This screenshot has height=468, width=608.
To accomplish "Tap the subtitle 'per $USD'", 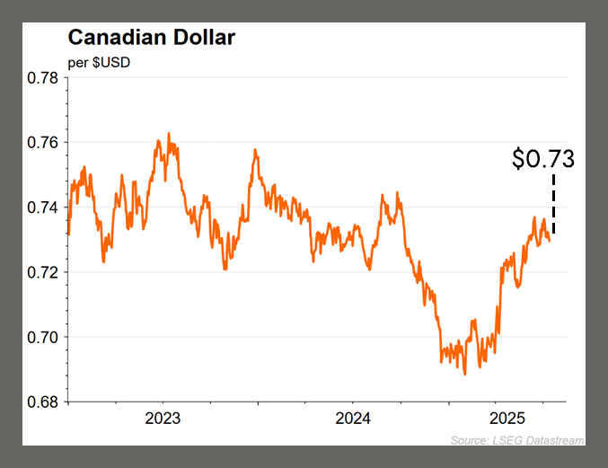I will tap(99, 63).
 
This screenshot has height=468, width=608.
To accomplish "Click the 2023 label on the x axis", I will tap(163, 419).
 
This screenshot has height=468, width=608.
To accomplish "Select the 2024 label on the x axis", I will tap(352, 419).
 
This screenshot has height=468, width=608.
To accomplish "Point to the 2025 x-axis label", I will tap(507, 419).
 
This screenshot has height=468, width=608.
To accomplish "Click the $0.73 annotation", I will tap(542, 159).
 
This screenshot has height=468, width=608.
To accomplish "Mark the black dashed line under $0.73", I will tap(553, 205).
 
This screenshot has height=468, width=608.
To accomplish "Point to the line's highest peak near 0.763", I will tap(169, 134).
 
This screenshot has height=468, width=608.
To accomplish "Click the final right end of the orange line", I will tap(550, 240).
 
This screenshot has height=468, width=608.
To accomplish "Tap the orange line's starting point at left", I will tap(67, 234).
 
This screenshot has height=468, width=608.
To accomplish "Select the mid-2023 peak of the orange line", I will tap(255, 150).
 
